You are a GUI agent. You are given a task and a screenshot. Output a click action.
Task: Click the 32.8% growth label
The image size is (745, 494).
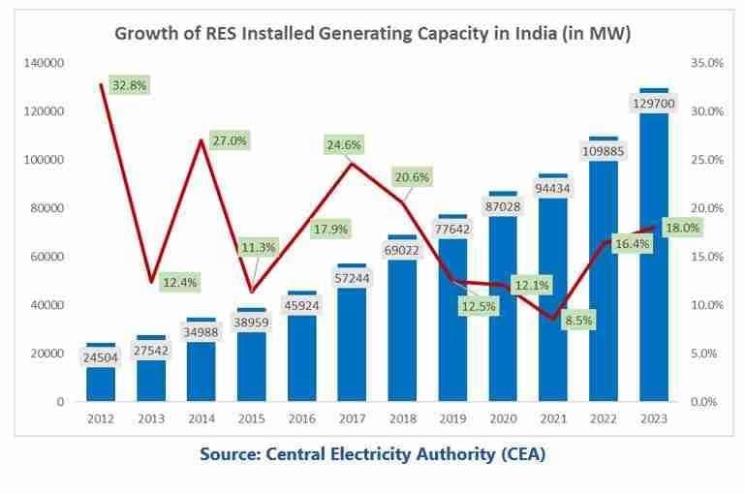pyautogui.click(x=129, y=85)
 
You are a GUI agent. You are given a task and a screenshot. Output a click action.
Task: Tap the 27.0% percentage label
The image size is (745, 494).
pyautogui.click(x=229, y=140)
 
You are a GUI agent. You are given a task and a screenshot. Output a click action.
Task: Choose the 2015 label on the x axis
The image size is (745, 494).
pyautogui.click(x=250, y=420)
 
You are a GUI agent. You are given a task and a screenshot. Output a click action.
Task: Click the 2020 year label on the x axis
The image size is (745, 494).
pyautogui.click(x=503, y=420)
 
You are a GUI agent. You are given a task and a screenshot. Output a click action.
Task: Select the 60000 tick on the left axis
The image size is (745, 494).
pyautogui.click(x=47, y=257)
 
